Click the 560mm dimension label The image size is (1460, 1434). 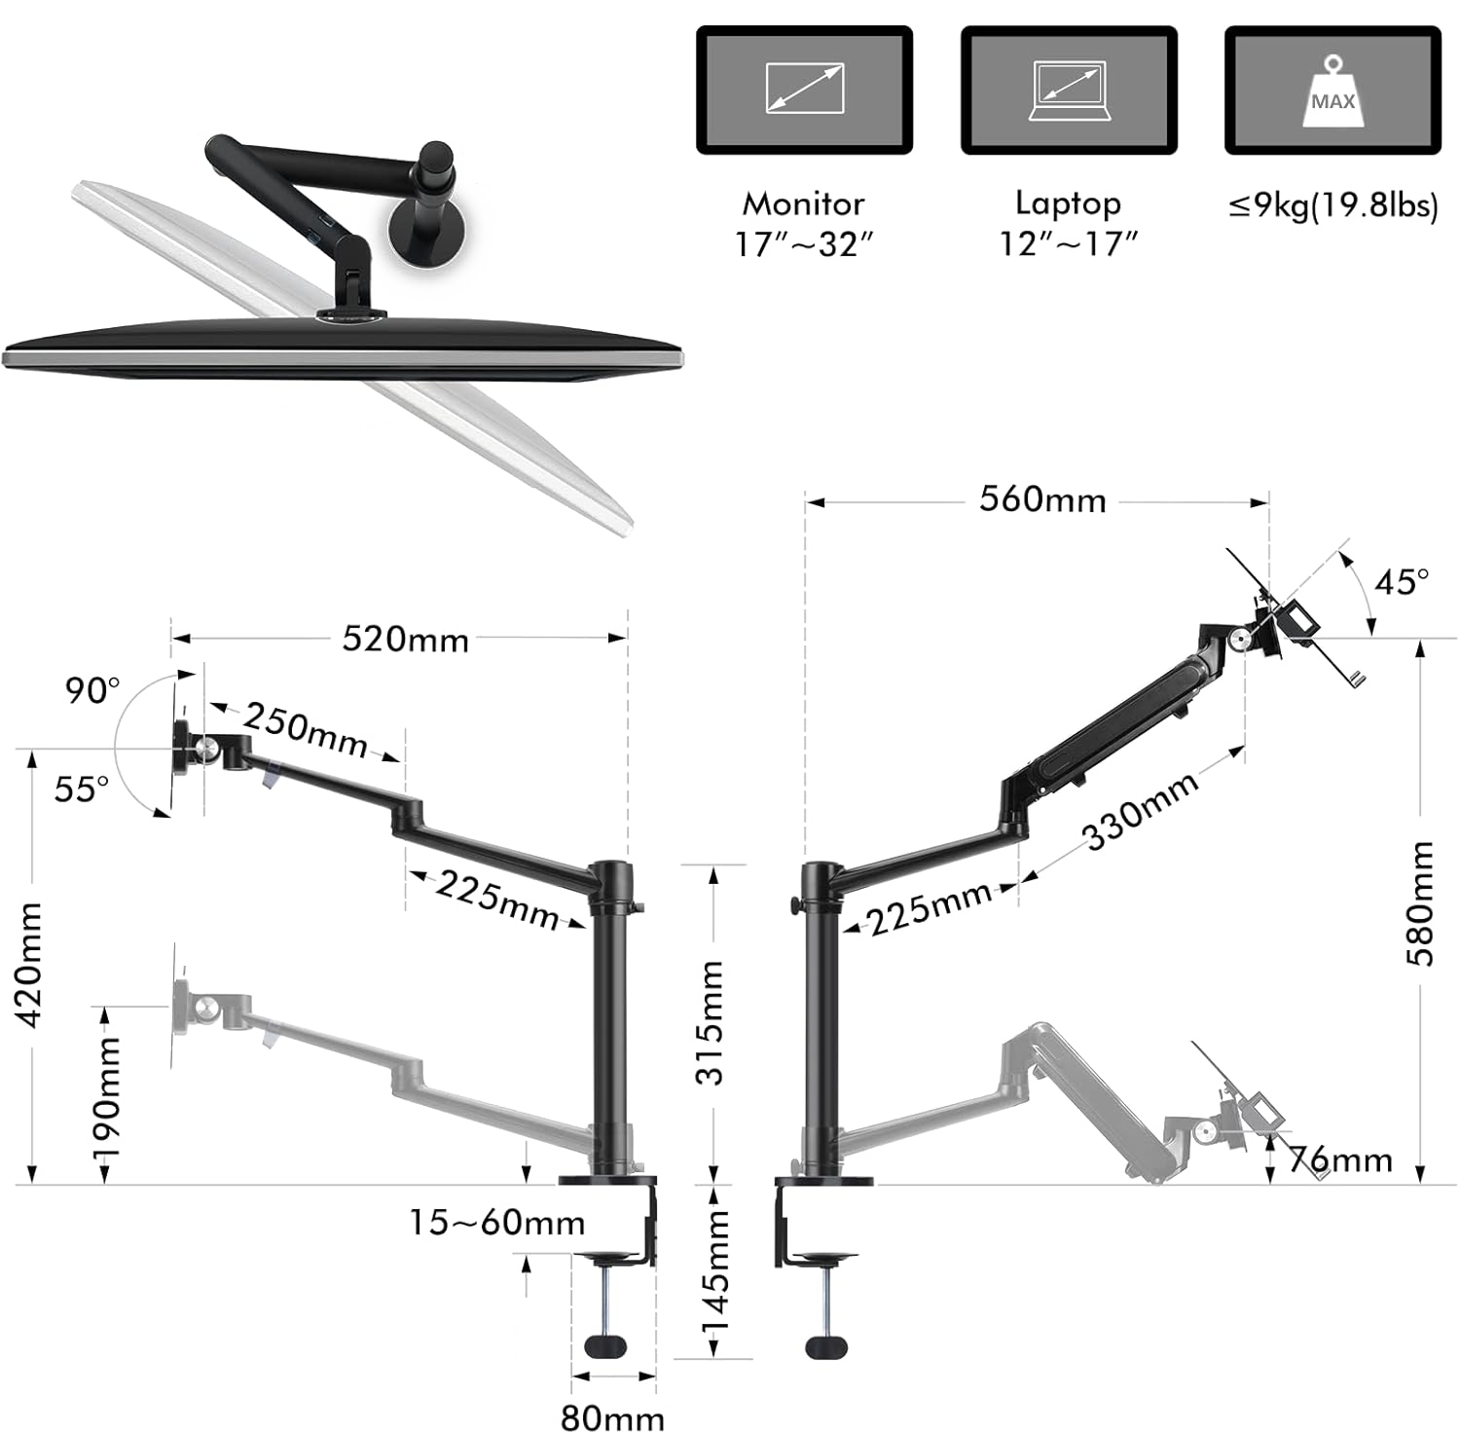(x=1042, y=500)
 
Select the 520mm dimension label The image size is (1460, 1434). (x=405, y=640)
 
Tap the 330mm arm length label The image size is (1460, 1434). (x=1142, y=812)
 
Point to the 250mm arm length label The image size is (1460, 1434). (x=306, y=730)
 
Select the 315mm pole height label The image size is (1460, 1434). (x=713, y=1022)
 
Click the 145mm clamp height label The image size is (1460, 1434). (x=715, y=1275)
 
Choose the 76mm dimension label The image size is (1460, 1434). (x=1341, y=1159)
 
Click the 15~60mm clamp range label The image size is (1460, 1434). (x=496, y=1223)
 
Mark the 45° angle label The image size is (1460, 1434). (x=1402, y=582)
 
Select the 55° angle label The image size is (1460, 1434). (x=82, y=789)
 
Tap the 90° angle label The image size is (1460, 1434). (x=92, y=690)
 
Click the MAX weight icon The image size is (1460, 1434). (x=1332, y=92)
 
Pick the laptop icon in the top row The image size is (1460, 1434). (x=1069, y=91)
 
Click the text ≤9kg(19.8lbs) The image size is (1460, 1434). (x=1332, y=205)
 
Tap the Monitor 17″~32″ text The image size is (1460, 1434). (x=804, y=224)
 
